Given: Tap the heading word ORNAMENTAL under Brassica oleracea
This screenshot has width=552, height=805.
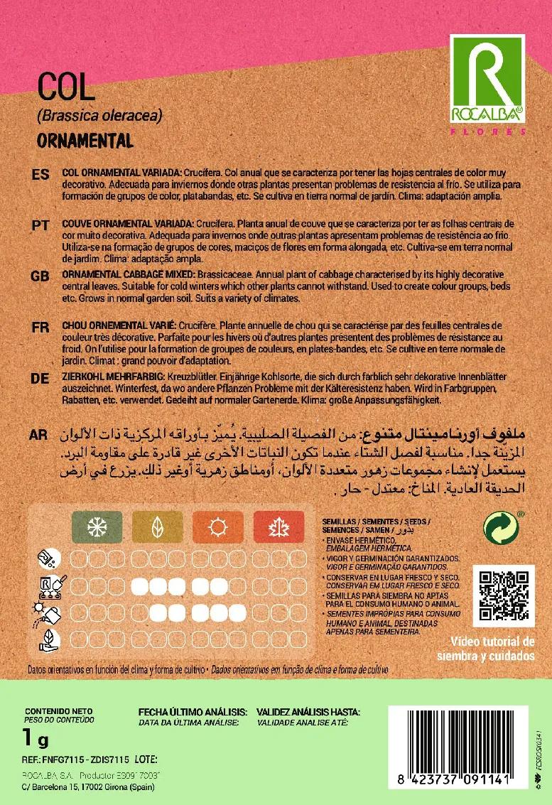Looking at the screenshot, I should (x=85, y=140).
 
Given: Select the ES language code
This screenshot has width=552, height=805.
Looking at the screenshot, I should (x=40, y=175).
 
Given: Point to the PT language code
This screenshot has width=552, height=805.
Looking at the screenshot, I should (x=40, y=225).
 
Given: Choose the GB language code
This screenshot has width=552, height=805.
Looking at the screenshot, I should (x=40, y=276).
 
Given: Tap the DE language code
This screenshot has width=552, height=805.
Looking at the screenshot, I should (x=40, y=379).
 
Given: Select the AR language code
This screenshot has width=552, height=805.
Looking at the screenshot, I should (x=40, y=435).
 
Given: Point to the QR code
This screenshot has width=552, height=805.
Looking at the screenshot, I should (x=504, y=596).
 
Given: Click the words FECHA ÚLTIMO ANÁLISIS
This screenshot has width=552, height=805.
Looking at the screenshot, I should (x=193, y=711).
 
